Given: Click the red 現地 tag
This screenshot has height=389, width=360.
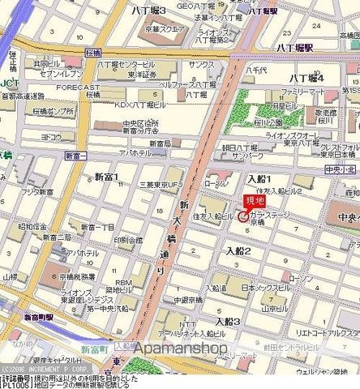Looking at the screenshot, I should pyautogui.click(x=254, y=202).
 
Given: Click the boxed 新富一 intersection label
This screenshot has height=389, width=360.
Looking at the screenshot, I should pyautogui.click(x=75, y=154).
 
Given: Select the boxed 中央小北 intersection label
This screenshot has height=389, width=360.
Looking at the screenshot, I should pyautogui.click(x=335, y=170).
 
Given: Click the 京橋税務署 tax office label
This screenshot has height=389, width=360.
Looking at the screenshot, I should pyautogui.click(x=82, y=276).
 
